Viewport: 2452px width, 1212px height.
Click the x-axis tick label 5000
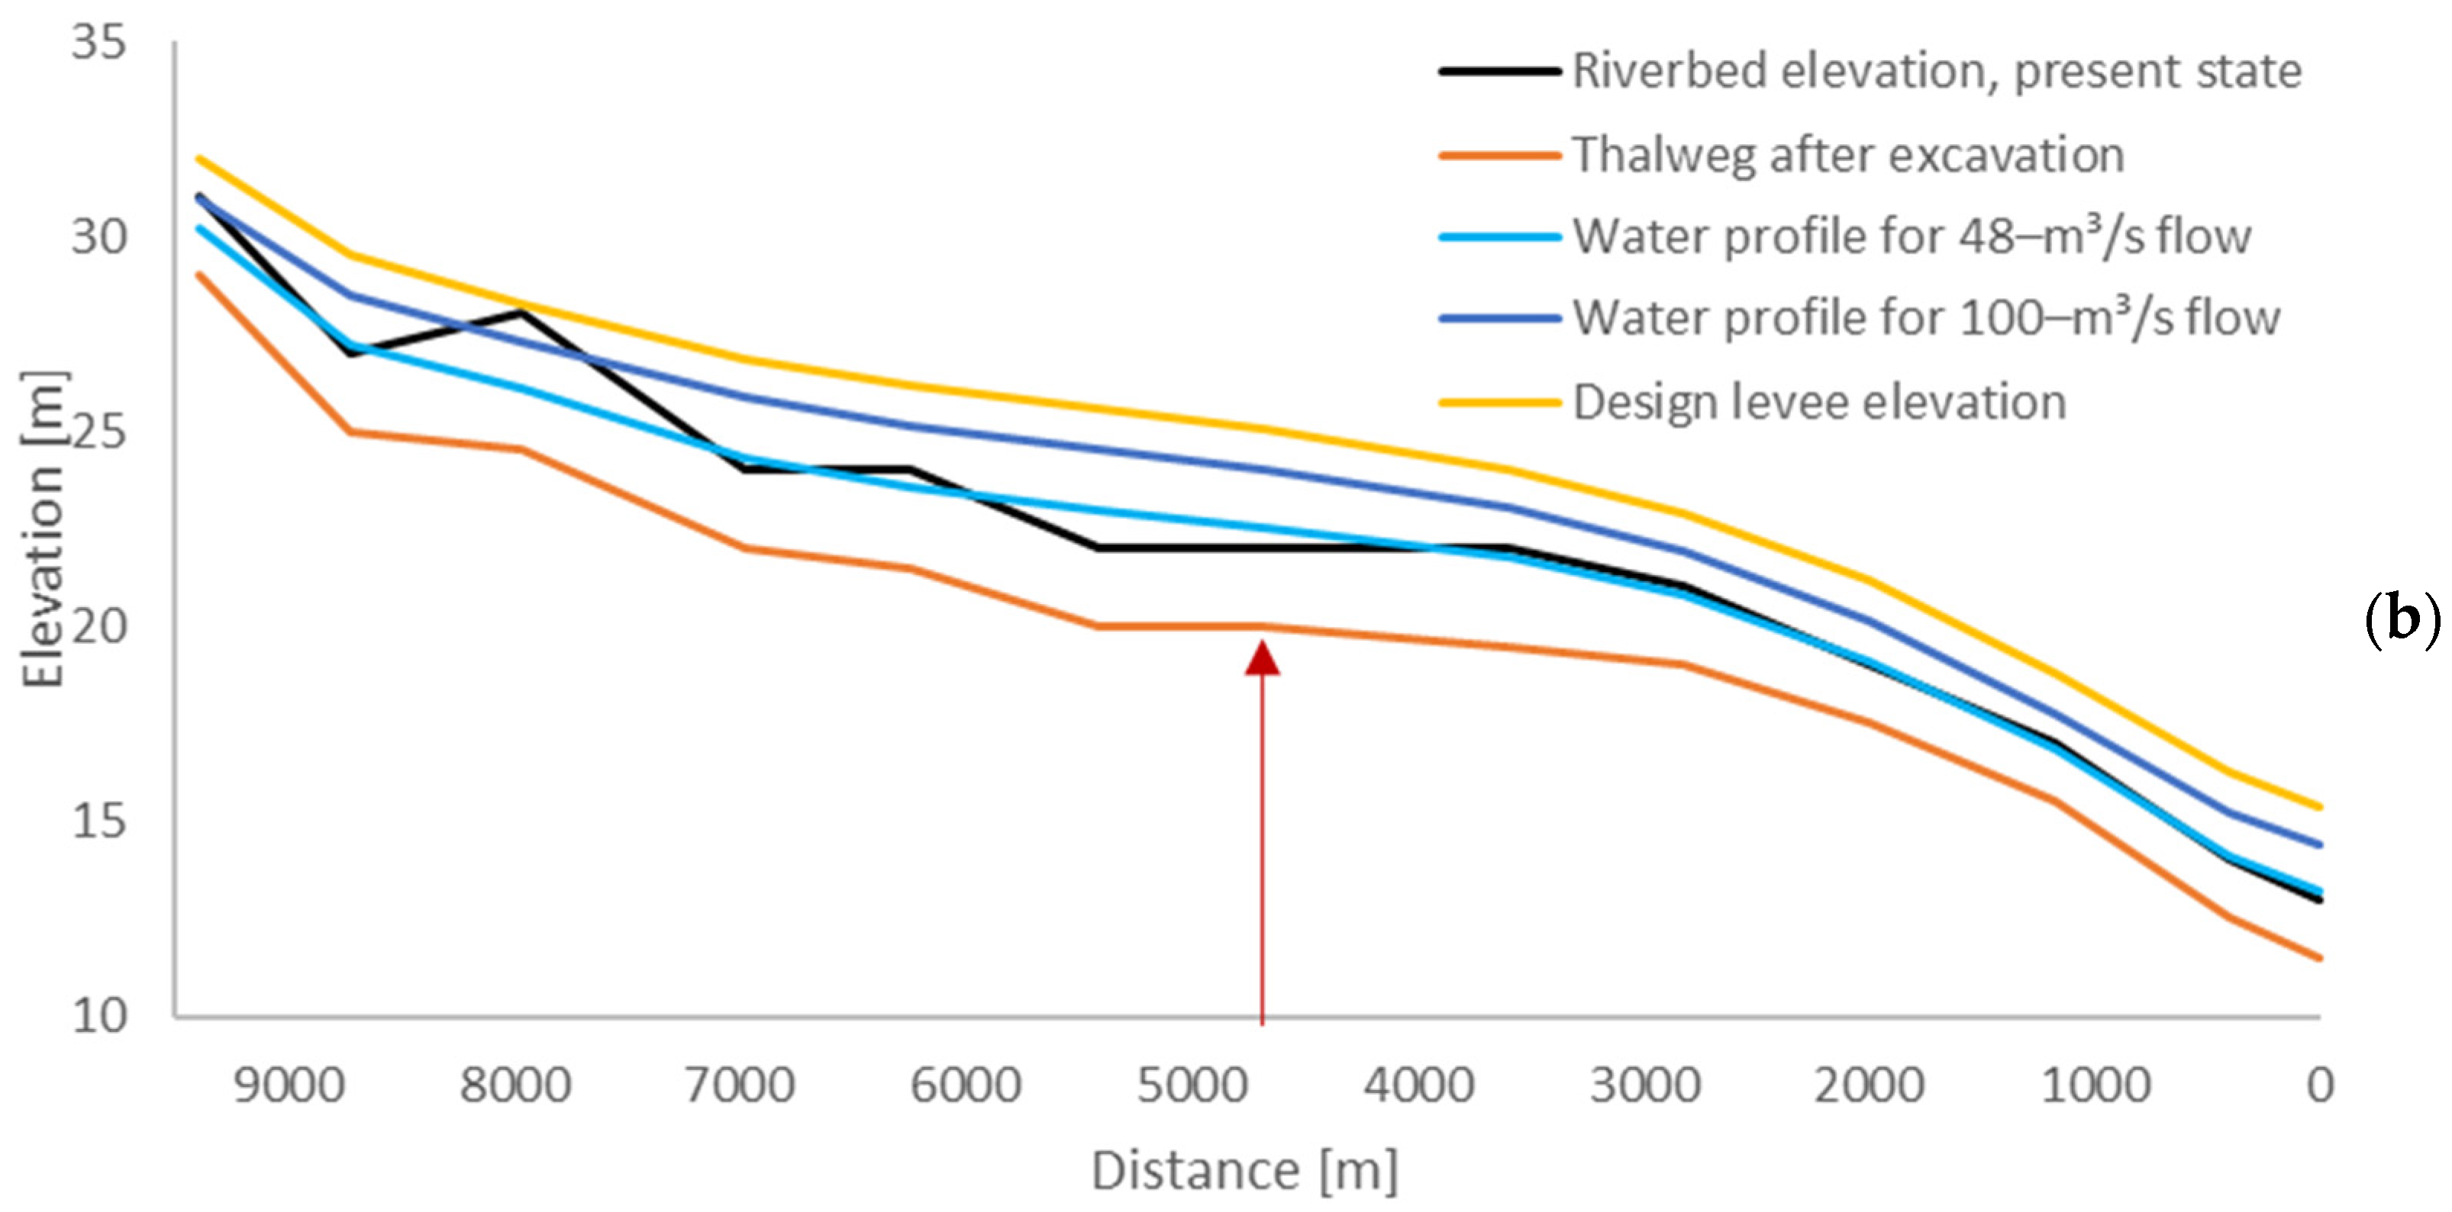pos(1192,1086)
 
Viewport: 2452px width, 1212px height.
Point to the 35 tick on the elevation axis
pos(98,43)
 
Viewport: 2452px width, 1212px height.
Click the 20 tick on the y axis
pos(98,626)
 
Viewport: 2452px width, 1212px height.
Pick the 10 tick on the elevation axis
pos(98,1016)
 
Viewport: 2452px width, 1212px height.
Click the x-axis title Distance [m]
pos(1244,1170)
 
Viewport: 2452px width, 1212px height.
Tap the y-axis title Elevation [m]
pos(44,529)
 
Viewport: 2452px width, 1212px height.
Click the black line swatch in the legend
pos(1500,72)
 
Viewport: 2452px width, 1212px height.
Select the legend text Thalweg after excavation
pos(1847,155)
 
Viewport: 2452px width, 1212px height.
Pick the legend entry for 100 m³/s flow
pos(1925,319)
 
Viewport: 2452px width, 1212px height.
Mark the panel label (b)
pos(2402,623)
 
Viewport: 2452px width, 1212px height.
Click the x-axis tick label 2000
pos(1869,1086)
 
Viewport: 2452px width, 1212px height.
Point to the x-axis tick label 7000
pos(740,1086)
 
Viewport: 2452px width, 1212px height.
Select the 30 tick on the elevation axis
pos(98,237)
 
